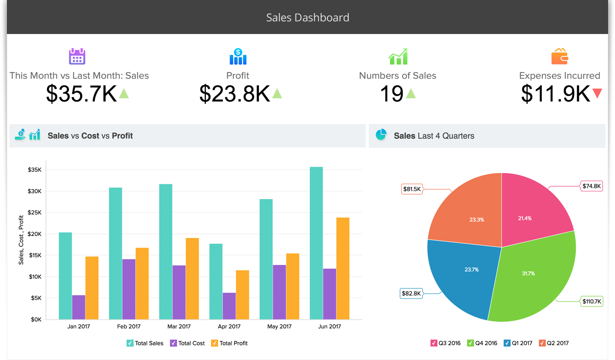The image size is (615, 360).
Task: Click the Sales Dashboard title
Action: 307,17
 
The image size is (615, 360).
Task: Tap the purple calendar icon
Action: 77,56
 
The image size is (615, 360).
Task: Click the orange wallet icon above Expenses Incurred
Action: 560,56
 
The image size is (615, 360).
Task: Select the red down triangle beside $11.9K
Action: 597,93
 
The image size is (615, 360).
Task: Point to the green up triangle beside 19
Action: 411,94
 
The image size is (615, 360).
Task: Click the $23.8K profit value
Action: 234,94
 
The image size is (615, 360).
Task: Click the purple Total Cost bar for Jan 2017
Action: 79,307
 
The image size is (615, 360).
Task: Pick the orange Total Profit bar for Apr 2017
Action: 242,295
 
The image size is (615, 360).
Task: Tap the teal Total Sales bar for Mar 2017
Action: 166,252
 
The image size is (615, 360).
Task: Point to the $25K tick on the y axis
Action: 35,212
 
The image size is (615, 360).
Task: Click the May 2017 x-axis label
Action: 279,326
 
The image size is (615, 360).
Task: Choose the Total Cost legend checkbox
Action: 174,343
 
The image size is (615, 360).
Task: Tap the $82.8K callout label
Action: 411,293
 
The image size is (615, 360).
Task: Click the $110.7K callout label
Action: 591,301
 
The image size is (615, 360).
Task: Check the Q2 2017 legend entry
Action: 542,343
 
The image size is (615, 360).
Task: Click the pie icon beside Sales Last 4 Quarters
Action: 381,135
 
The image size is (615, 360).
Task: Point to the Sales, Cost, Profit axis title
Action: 21,240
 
